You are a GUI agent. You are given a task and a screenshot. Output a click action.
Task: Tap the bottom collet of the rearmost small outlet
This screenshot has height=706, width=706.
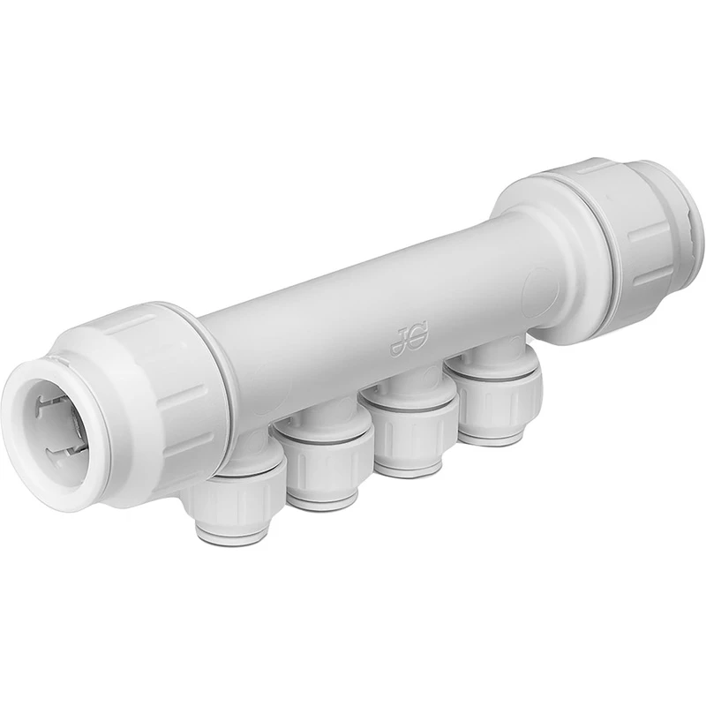tap(491, 436)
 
